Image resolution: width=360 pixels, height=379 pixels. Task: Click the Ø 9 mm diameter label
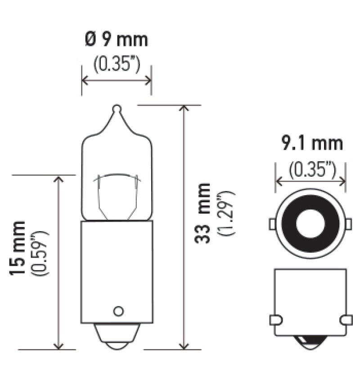coord(116,40)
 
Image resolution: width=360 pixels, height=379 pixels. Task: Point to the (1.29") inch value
coord(226,213)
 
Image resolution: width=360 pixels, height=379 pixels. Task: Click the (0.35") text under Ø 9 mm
coord(117,64)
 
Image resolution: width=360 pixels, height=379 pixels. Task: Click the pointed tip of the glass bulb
coord(117,108)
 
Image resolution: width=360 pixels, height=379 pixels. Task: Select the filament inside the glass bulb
coord(117,189)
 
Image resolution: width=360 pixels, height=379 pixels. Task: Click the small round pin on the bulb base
coord(118,311)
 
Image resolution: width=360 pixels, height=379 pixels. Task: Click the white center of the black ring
coord(310,223)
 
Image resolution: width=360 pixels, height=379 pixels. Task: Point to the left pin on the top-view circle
coord(272,223)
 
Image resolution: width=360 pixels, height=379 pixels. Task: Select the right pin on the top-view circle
coord(349,223)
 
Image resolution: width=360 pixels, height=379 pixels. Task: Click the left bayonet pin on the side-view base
coord(275,320)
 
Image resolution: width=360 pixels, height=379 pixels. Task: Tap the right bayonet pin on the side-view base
coord(346,320)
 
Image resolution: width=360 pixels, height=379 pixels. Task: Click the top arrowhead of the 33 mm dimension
coord(184,109)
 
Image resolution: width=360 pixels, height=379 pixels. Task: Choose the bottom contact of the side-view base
coord(310,344)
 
